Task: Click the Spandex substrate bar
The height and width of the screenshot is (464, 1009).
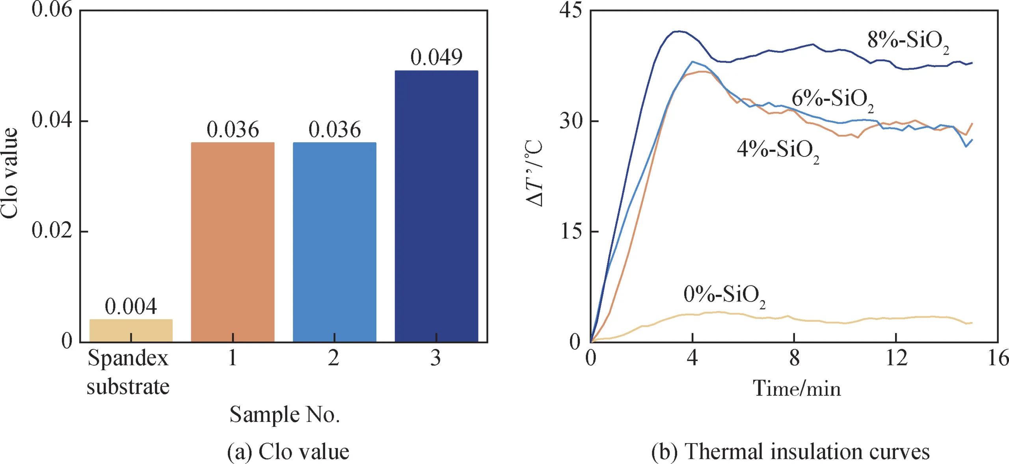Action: click(131, 330)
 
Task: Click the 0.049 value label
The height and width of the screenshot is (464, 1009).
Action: click(436, 57)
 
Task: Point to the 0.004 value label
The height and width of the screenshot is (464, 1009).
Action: click(131, 306)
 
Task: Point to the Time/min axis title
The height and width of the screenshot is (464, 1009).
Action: click(797, 388)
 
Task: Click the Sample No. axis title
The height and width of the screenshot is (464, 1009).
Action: click(285, 414)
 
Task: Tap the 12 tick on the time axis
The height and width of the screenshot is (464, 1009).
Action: click(896, 358)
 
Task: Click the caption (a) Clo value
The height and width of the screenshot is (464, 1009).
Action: click(288, 451)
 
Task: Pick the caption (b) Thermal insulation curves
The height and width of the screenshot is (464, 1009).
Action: click(790, 451)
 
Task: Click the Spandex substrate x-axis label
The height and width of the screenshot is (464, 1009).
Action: click(128, 372)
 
